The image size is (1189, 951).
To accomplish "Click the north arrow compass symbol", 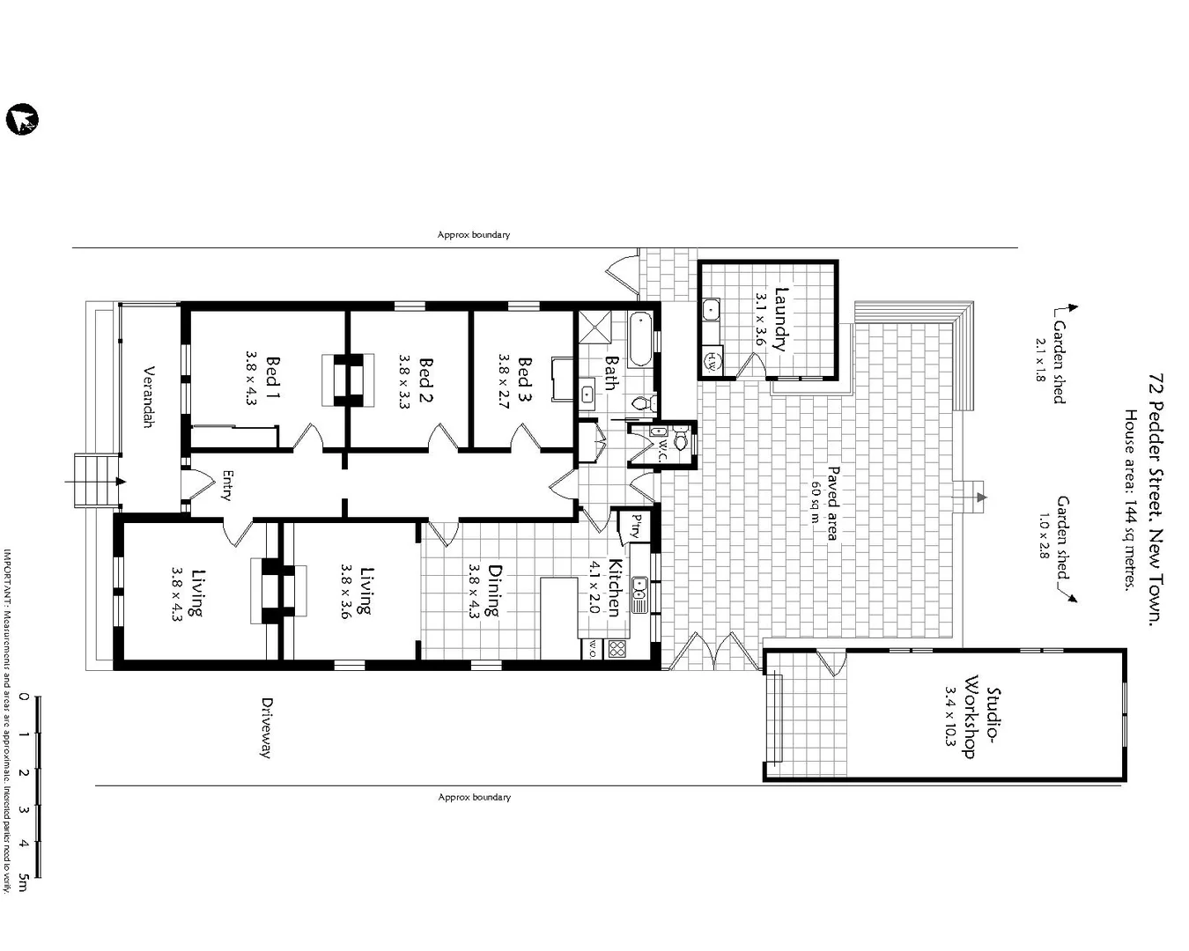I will point(22,120).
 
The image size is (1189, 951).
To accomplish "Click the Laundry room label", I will point(780,318).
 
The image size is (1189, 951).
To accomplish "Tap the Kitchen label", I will point(615,587).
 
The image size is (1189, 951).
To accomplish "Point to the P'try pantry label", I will point(634,527).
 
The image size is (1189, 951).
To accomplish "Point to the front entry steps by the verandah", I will point(94,480).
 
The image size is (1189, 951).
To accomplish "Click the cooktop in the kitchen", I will point(617,650).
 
